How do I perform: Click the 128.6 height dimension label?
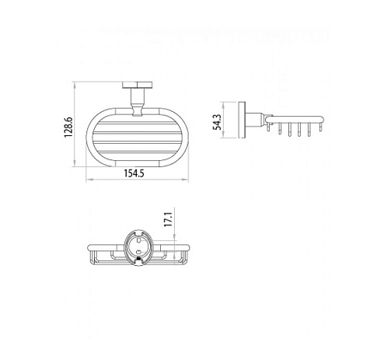[x=68, y=128]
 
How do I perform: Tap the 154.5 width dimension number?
[x=134, y=173]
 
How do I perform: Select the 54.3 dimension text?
[x=217, y=122]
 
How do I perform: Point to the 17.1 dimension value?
[x=168, y=219]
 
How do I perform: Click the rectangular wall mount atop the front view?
[x=138, y=86]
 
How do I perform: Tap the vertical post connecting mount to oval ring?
[x=137, y=102]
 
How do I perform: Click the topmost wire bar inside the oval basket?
[x=138, y=124]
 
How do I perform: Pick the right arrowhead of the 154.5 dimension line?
[x=186, y=179]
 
